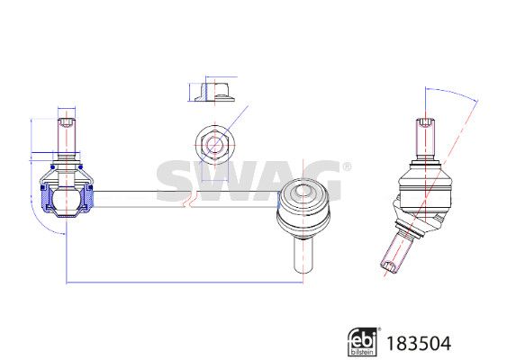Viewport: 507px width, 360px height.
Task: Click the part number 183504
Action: (419, 343)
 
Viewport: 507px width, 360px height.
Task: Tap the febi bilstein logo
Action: (364, 342)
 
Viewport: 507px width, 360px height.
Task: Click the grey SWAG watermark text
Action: (249, 181)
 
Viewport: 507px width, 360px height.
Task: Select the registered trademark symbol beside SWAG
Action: (347, 166)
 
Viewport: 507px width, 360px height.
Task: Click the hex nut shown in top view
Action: (214, 145)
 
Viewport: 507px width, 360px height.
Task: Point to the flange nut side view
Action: (214, 92)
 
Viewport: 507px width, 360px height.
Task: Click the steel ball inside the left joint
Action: (67, 199)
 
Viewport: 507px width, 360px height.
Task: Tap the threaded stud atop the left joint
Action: (67, 139)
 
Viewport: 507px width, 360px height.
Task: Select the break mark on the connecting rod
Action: (188, 199)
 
